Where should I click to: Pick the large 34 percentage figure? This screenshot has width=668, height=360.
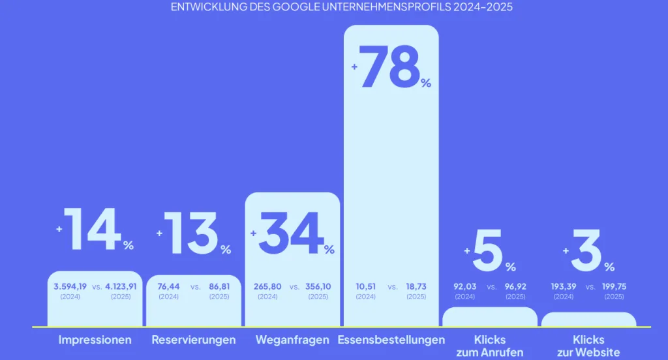coord(292,233)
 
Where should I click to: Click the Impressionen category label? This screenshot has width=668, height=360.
coord(95,340)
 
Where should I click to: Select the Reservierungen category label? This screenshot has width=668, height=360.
coord(194,340)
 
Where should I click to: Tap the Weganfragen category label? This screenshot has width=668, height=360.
coord(292,340)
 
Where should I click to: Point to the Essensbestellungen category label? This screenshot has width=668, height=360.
coord(391,340)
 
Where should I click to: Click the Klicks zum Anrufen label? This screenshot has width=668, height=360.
coord(490,346)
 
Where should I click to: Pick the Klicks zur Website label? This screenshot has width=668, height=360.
coord(588,346)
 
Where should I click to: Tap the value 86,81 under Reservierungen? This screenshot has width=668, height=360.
coord(219,286)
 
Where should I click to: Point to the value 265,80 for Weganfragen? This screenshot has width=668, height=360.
coord(267,286)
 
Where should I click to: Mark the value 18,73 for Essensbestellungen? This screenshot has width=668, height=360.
coord(416,286)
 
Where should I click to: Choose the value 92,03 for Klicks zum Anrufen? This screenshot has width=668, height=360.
coord(465,286)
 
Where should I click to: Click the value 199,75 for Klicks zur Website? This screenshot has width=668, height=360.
coord(614,286)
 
